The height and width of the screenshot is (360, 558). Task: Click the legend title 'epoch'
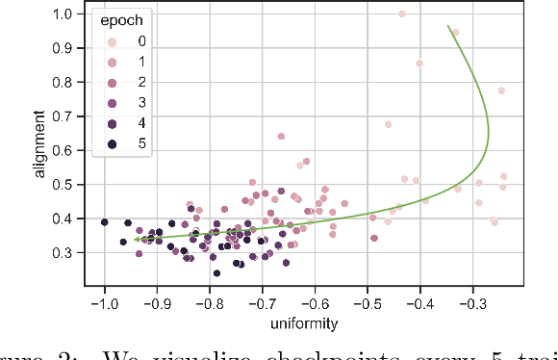tap(126, 19)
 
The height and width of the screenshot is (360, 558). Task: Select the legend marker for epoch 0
tap(114, 41)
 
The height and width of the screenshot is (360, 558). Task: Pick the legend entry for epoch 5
tap(114, 144)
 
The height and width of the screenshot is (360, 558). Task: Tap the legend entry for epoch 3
tap(114, 103)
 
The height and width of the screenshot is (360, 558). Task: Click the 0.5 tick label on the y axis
tap(71, 185)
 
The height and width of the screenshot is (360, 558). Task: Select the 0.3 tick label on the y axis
tap(71, 253)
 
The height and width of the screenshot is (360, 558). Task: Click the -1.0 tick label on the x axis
tap(103, 305)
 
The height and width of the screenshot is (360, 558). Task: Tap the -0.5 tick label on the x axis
tap(367, 305)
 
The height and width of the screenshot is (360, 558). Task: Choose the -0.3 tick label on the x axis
tap(471, 305)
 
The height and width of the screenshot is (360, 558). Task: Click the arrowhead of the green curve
tap(136, 240)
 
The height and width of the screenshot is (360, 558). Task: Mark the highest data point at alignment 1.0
tap(402, 14)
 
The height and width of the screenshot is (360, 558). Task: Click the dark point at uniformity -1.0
tap(105, 222)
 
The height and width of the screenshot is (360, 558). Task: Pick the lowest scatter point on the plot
tap(216, 273)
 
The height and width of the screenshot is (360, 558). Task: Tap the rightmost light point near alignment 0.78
tap(501, 90)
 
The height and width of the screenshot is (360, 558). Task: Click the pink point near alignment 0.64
tap(281, 137)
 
